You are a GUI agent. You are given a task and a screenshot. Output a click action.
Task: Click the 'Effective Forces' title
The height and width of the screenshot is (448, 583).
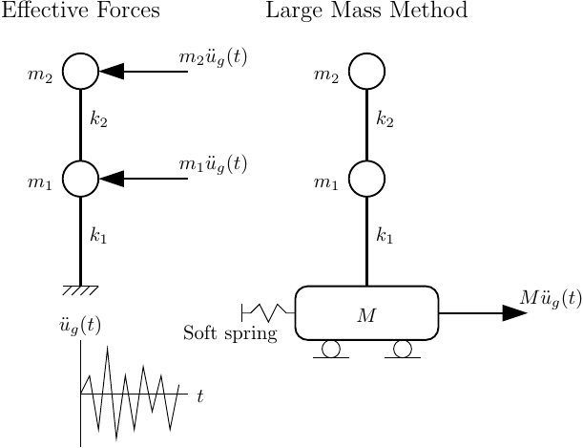79,11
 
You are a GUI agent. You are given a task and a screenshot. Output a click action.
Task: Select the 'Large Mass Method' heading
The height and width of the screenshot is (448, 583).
366,11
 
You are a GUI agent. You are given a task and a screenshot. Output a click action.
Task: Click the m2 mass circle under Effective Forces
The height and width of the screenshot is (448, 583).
80,71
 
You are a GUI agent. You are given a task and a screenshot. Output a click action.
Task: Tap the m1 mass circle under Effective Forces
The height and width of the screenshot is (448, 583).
80,178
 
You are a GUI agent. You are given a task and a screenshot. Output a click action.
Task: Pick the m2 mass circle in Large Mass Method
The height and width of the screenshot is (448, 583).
366,71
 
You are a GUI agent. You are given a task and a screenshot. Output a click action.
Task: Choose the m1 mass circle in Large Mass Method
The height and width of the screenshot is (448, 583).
366,178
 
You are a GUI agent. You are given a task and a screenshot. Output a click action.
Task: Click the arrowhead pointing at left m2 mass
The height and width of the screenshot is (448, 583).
111,71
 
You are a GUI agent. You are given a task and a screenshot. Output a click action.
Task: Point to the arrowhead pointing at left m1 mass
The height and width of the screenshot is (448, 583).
111,178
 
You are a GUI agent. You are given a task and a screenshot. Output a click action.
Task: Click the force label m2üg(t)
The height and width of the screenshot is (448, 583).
213,57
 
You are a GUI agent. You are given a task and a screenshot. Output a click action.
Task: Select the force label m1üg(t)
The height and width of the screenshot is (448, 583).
213,164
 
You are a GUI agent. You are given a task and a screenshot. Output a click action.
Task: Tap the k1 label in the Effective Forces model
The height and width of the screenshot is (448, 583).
98,236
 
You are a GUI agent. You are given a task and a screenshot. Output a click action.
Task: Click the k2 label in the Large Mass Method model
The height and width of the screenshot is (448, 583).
385,119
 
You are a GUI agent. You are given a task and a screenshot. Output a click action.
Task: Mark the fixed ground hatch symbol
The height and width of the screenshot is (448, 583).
80,289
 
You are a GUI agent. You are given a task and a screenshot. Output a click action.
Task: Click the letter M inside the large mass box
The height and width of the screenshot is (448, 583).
366,316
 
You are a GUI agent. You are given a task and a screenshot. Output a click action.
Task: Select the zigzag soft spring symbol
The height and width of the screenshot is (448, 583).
268,311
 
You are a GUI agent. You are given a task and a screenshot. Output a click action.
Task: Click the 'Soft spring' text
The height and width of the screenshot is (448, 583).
230,333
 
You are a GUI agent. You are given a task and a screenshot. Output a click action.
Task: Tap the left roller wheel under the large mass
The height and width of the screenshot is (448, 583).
331,349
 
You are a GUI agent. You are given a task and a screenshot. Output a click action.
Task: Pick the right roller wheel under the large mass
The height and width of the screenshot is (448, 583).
403,349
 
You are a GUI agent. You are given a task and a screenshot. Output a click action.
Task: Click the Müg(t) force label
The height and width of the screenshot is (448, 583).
551,298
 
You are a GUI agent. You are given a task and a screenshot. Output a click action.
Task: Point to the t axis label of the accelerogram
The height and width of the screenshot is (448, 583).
199,395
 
